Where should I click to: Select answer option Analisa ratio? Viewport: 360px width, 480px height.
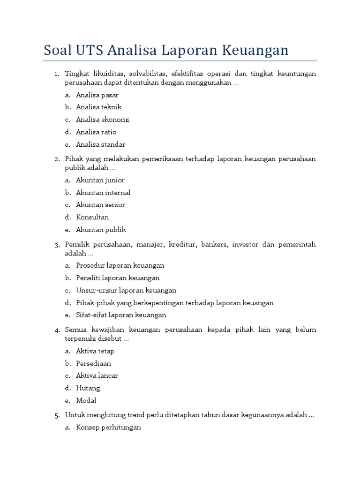point(96,132)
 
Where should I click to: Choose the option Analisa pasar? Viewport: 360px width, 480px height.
point(97,95)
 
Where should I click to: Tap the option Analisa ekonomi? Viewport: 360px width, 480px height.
point(102,120)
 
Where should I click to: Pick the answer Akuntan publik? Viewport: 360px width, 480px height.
point(101,230)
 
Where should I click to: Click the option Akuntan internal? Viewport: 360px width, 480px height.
point(103,193)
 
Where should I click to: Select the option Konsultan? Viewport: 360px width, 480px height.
point(92,217)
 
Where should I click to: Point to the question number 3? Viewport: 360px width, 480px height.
point(56,245)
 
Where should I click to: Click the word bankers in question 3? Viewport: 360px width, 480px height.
point(213,245)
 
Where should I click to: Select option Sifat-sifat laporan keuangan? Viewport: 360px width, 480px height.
point(121,315)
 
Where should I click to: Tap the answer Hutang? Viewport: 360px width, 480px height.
point(88,388)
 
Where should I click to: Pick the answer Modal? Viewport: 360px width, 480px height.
point(86,400)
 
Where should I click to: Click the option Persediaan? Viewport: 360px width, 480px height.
point(93,363)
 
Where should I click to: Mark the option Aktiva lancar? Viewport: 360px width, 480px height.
point(97,375)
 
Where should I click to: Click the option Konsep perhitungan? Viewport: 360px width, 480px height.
point(108,427)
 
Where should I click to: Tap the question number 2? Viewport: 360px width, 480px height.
point(56,159)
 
